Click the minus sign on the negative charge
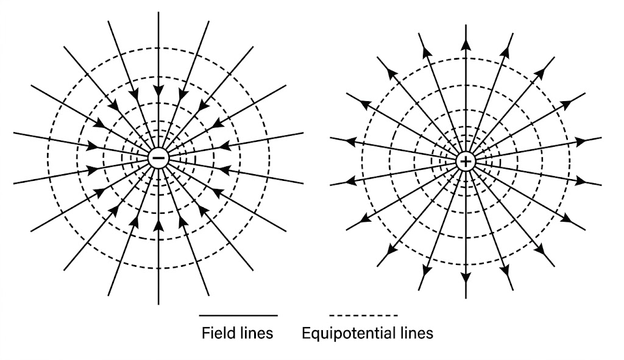158,158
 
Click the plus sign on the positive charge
466,161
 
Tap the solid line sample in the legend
238,316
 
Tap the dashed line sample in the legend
363,316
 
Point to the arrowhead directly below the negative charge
158,226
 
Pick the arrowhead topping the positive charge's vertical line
466,43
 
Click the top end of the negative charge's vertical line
158,13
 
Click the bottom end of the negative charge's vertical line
158,303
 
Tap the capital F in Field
205,333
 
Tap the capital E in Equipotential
306,333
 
